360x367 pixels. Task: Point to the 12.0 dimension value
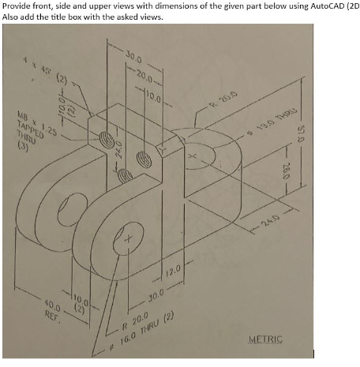[174, 273]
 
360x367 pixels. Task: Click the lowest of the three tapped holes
[122, 178]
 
